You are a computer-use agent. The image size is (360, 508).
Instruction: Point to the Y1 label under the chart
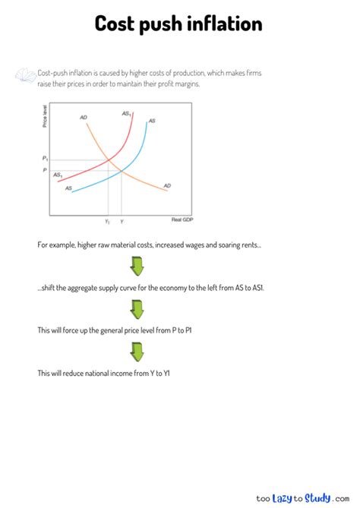[x=107, y=221]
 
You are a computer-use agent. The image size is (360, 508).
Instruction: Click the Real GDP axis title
[x=183, y=219]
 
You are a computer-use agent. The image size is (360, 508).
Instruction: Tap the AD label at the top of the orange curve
[x=83, y=117]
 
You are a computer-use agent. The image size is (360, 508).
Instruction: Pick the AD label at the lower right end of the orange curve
[x=167, y=186]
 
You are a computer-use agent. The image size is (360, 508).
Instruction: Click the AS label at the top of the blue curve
[x=152, y=121]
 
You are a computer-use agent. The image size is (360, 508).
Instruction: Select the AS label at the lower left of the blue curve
[x=68, y=188]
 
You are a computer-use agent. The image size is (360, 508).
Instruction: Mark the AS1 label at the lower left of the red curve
[x=58, y=175]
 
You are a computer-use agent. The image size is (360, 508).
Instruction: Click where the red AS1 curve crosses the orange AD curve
[x=112, y=159]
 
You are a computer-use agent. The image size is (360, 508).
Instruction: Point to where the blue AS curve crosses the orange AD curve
[x=122, y=171]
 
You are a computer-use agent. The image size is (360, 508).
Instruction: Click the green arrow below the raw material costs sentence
[x=137, y=267]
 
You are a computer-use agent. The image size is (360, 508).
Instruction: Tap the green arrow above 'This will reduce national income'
[x=137, y=352]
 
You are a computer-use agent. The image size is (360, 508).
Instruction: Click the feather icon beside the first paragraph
[x=25, y=74]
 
